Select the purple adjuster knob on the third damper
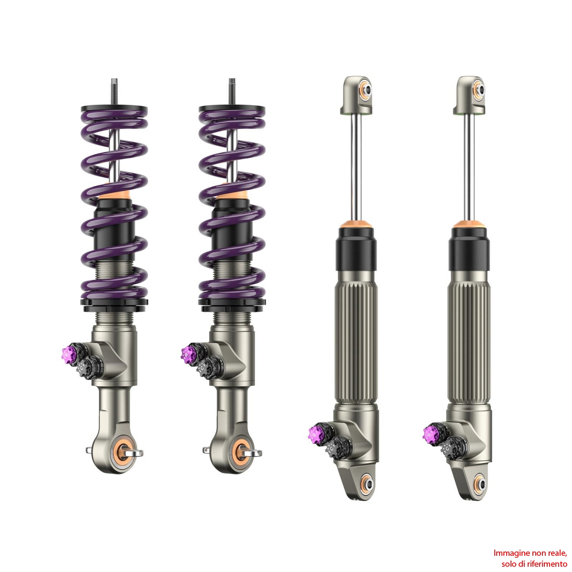[316, 434]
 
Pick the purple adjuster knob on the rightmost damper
[430, 434]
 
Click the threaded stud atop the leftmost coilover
[114, 92]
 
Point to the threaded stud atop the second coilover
[232, 92]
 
